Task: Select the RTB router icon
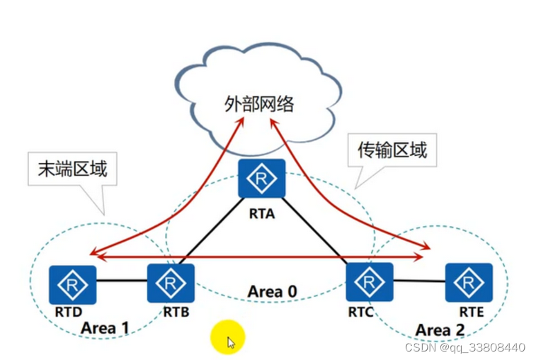click(x=171, y=283)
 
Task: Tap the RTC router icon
click(x=368, y=281)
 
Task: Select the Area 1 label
click(x=105, y=327)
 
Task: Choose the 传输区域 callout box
click(x=392, y=150)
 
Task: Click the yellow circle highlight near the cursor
click(x=227, y=337)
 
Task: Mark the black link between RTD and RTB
click(x=121, y=281)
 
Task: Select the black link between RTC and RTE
click(x=418, y=281)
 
